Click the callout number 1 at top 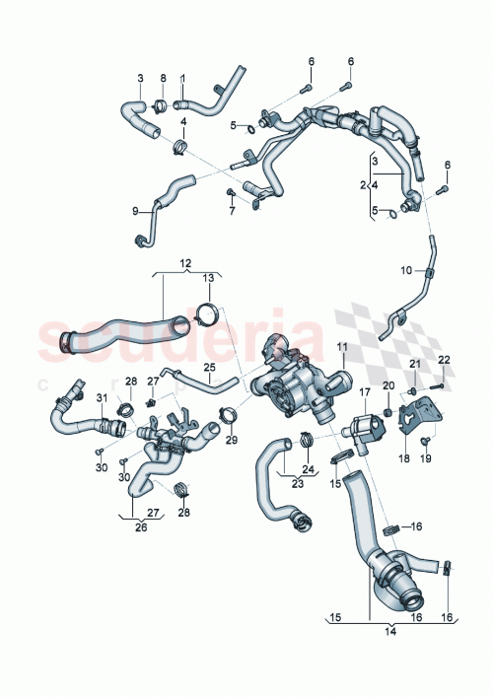[x=181, y=78]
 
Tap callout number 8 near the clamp [x=163, y=78]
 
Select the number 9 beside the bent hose [x=135, y=210]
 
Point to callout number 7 [x=232, y=210]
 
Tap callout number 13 [x=207, y=279]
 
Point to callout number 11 [x=342, y=347]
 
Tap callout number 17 [x=364, y=392]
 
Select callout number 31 [x=100, y=397]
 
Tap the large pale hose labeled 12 [x=118, y=335]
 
